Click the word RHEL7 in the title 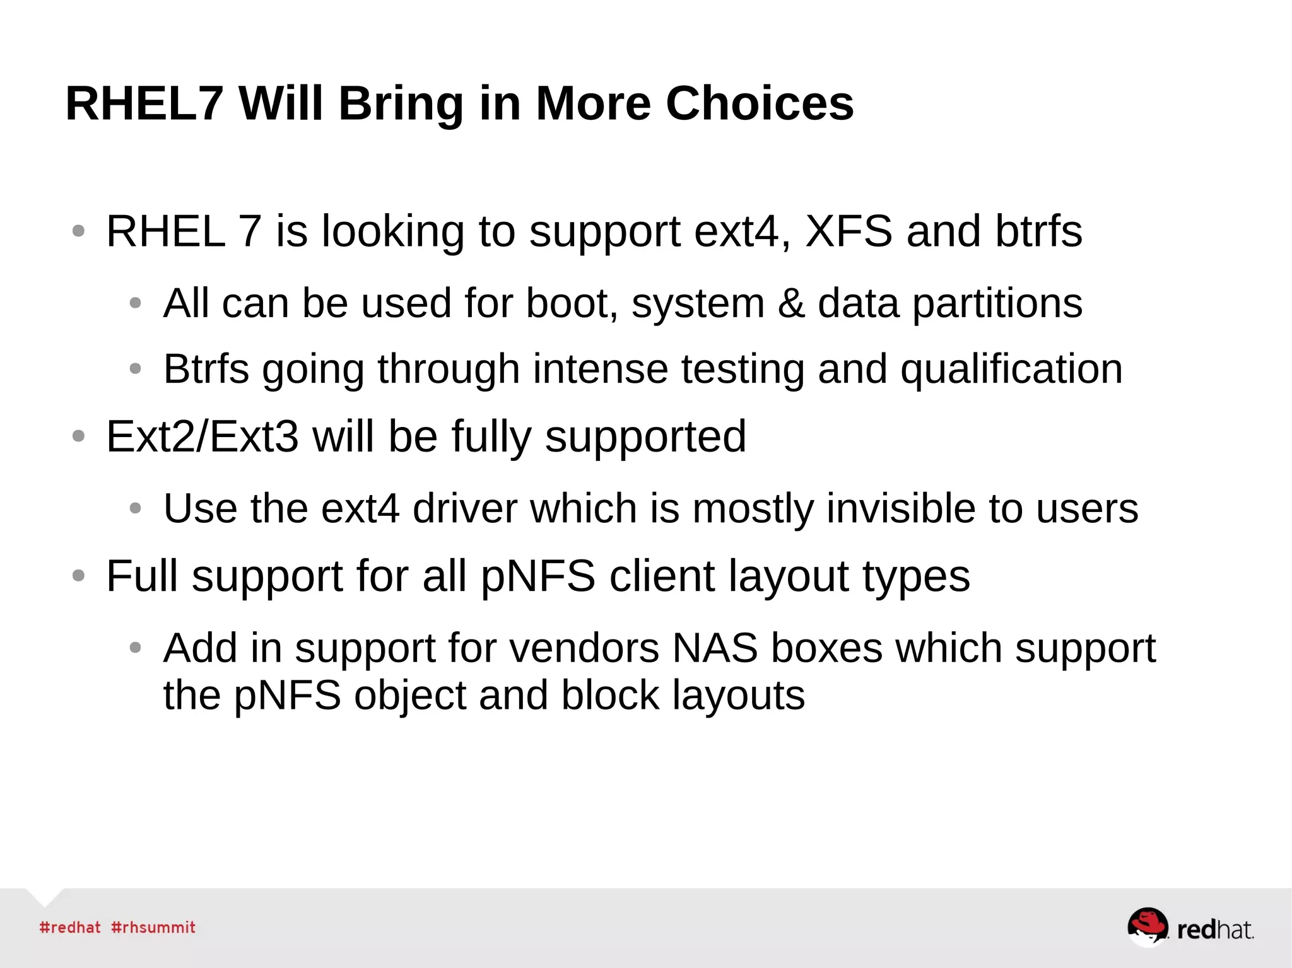pos(144,103)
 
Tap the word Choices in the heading pos(760,103)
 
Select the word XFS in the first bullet pos(849,231)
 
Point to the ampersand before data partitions pos(791,304)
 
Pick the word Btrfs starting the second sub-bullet pos(206,370)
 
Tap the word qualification pos(1011,370)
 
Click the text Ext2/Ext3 pos(202,436)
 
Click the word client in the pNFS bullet pos(662,576)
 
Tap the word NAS pos(715,648)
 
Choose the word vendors pos(584,648)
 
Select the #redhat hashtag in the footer pos(70,928)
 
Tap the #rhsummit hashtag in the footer pos(153,928)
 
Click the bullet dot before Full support pos(78,576)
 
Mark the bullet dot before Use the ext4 pos(135,508)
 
